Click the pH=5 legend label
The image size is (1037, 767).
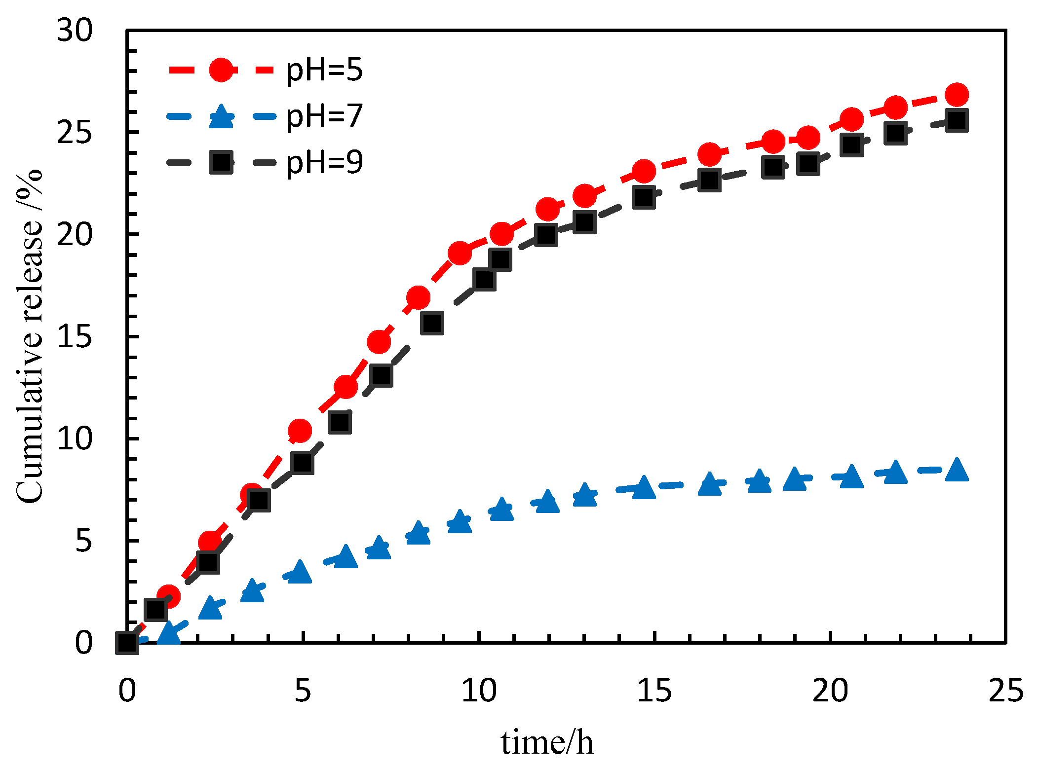[324, 70]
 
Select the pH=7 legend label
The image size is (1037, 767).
[324, 116]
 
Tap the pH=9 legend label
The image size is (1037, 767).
[324, 162]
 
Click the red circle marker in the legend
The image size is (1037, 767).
[221, 70]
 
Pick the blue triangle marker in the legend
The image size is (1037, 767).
[221, 117]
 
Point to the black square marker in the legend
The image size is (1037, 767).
[221, 162]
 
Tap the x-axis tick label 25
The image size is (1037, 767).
[1005, 691]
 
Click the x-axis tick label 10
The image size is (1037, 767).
[478, 691]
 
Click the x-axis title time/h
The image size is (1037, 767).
[547, 742]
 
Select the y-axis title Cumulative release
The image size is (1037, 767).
[30, 335]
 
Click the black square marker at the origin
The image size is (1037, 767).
[127, 643]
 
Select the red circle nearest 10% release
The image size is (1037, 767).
[300, 431]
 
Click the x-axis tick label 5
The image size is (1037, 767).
[303, 691]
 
